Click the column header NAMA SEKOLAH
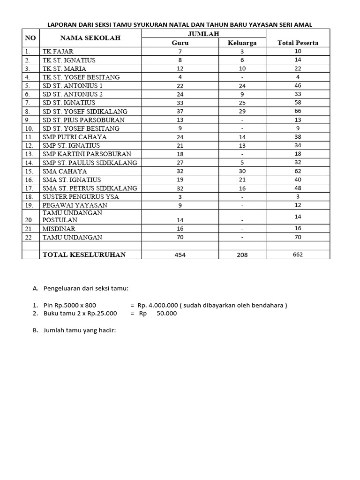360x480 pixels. tap(90, 38)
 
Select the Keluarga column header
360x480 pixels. tap(242, 43)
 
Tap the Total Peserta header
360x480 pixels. tap(298, 43)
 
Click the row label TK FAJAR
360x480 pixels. tap(58, 51)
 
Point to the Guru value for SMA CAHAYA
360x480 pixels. tap(180, 171)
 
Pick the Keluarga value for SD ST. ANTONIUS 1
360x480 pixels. tap(242, 86)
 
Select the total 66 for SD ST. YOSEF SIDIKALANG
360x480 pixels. tap(298, 111)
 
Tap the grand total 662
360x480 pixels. tap(298, 255)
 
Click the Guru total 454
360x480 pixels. tap(180, 255)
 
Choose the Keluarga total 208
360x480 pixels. tap(242, 255)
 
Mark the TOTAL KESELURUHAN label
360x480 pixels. tap(84, 255)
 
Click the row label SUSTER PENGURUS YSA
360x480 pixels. tap(81, 196)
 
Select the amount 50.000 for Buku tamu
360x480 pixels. tap(166, 314)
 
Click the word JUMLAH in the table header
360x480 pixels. tap(203, 34)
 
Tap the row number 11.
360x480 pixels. tap(30, 137)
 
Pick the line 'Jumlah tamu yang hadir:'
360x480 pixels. tap(79, 330)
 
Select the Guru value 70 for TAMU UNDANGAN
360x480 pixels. tap(180, 237)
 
